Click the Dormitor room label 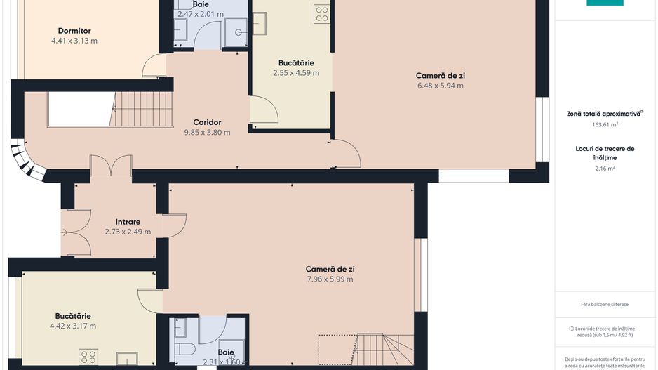[74, 31]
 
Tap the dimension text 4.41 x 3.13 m [74, 41]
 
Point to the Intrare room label [128, 222]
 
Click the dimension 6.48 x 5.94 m [440, 86]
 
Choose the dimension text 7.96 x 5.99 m [330, 279]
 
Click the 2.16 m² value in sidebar [605, 169]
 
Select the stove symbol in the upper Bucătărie [322, 14]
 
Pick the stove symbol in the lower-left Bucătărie [88, 357]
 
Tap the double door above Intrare [111, 166]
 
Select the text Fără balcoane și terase [605, 304]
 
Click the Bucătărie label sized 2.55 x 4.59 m [296, 62]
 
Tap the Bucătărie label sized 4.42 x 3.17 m [73, 316]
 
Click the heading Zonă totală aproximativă [603, 113]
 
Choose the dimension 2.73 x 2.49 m [128, 232]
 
